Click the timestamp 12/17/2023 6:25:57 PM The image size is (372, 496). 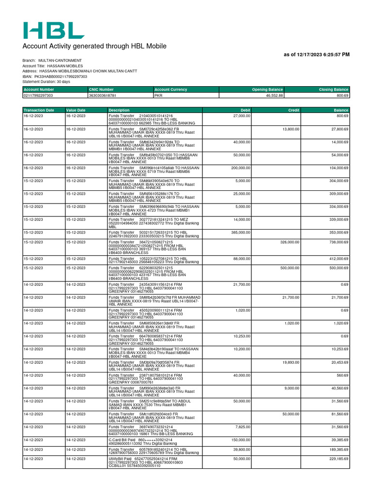(316, 55)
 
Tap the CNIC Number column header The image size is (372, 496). (101, 90)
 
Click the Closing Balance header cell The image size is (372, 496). (333, 90)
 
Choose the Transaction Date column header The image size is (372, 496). (39, 110)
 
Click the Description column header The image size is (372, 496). (119, 110)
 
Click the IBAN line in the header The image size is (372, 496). (55, 77)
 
